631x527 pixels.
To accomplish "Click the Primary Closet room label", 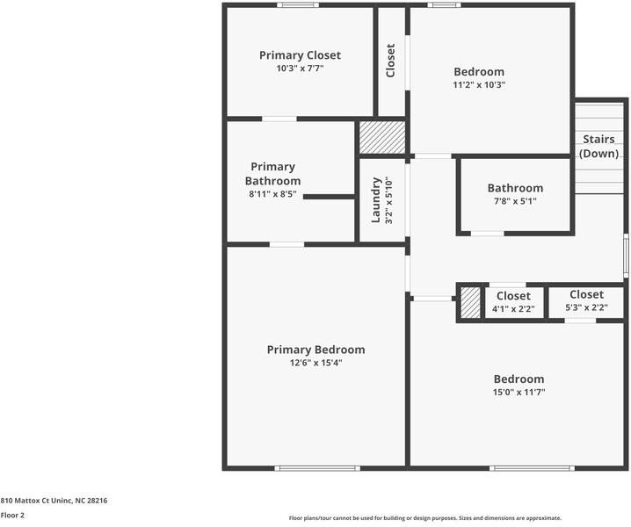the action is click(300, 55).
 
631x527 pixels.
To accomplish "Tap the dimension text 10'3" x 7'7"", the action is click(300, 69).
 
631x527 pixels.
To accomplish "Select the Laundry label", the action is click(375, 200).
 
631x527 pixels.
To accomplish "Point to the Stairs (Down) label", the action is click(598, 146).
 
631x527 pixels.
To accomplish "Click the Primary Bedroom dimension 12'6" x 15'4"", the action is click(315, 363).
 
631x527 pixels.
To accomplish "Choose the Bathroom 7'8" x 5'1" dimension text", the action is click(515, 201).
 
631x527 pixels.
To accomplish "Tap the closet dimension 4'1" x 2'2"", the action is click(513, 309).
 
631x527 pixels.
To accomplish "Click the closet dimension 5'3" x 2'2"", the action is click(586, 307).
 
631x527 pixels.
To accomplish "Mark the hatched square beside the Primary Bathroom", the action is click(382, 137).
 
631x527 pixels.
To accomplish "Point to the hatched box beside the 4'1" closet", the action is click(470, 302).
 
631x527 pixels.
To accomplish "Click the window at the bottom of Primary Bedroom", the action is click(317, 468).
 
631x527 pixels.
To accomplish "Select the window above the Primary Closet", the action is click(298, 4).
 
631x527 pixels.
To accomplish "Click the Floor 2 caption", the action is click(12, 516).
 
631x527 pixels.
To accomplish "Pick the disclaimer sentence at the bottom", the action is click(425, 518).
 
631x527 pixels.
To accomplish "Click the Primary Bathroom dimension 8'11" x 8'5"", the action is click(272, 194).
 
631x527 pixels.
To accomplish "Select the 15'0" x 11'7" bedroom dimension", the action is click(519, 393).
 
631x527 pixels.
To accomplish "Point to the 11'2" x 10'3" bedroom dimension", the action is click(479, 85).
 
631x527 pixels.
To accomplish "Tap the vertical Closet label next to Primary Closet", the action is click(390, 61).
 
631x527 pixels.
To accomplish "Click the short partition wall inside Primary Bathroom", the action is click(329, 197).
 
